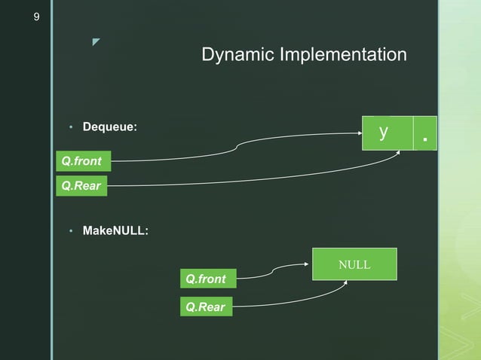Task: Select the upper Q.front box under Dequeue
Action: coord(83,161)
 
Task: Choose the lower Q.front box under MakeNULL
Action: coord(206,279)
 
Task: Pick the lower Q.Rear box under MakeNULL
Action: coord(206,307)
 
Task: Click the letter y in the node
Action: coord(384,132)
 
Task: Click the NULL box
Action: coord(354,264)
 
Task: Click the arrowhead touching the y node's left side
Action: coord(359,134)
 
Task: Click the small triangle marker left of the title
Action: coord(96,41)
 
